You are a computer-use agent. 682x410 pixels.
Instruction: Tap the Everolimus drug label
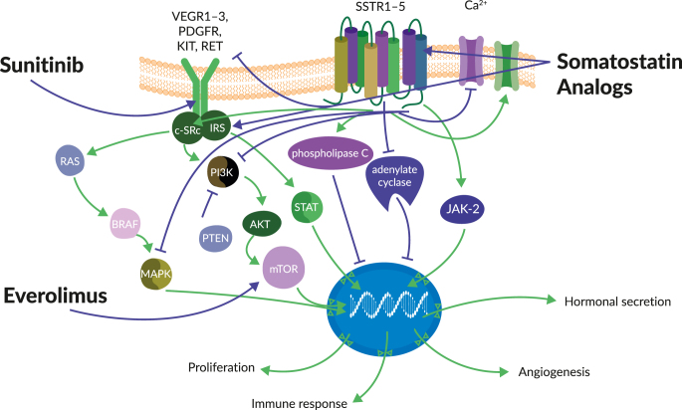tap(56, 296)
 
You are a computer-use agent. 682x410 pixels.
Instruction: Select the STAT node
tap(305, 207)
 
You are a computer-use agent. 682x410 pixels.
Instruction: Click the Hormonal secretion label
tap(612, 301)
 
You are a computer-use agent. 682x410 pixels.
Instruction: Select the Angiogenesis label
tap(555, 372)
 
